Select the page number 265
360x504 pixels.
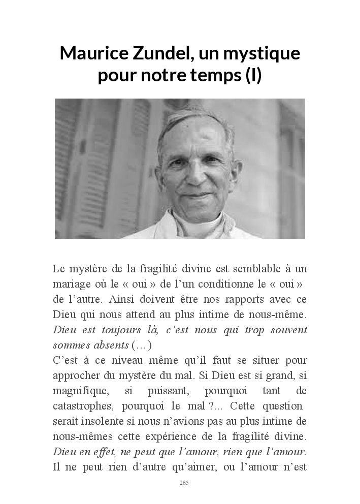(x=184, y=483)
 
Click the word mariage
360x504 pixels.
(x=71, y=284)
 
